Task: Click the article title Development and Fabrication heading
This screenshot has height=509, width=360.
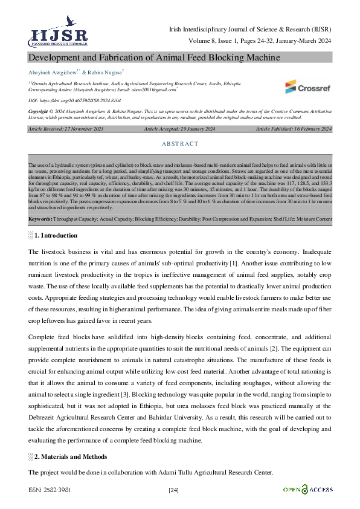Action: pyautogui.click(x=154, y=57)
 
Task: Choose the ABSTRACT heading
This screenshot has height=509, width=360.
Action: pyautogui.click(x=180, y=144)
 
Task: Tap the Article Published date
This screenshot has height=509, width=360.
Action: pyautogui.click(x=294, y=129)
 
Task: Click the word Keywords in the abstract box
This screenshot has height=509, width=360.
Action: pyautogui.click(x=40, y=218)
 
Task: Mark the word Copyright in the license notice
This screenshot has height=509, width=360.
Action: pyautogui.click(x=40, y=112)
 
